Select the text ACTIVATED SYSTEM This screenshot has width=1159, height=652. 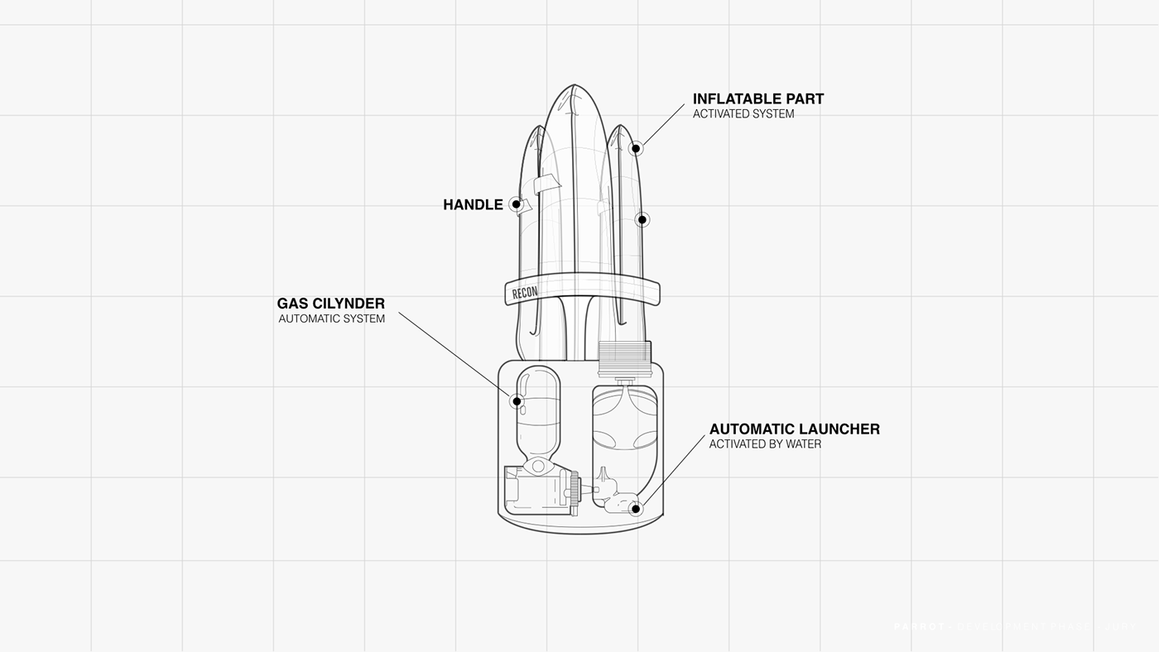pyautogui.click(x=743, y=114)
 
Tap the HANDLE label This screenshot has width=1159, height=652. pyautogui.click(x=473, y=205)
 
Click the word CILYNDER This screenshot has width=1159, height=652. pyautogui.click(x=354, y=304)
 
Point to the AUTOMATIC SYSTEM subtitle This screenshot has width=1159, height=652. pyautogui.click(x=331, y=319)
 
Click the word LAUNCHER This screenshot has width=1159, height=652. pyautogui.click(x=839, y=429)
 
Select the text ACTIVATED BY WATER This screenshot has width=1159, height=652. pyautogui.click(x=765, y=444)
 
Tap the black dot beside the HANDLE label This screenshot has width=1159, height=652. pyautogui.click(x=516, y=204)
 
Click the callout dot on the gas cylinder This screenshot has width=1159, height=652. pyautogui.click(x=517, y=401)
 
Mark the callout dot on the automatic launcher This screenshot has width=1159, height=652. pyautogui.click(x=636, y=509)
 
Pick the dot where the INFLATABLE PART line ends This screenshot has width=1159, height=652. pyautogui.click(x=636, y=149)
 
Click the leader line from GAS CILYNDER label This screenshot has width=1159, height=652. pyautogui.click(x=455, y=356)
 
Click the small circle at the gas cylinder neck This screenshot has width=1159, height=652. pyautogui.click(x=538, y=467)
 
